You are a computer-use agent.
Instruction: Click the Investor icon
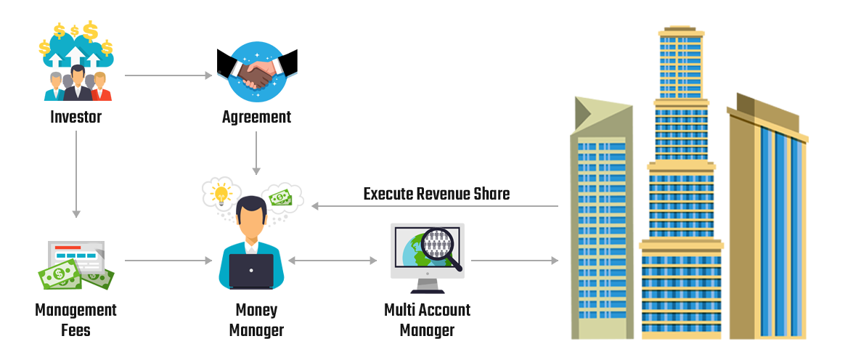click(76, 62)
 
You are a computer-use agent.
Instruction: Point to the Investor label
click(76, 116)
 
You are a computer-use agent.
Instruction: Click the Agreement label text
click(256, 117)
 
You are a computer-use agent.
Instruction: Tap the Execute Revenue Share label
click(436, 194)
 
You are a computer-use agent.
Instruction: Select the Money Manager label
click(256, 320)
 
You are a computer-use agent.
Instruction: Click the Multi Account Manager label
click(427, 320)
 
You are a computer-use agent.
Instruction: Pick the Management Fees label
click(76, 320)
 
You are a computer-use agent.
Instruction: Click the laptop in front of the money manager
click(251, 271)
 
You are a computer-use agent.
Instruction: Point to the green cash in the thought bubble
click(281, 197)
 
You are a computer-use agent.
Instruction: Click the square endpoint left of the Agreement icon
click(209, 75)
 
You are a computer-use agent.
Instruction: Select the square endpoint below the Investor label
click(76, 214)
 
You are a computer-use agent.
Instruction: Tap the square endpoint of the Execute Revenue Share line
click(314, 206)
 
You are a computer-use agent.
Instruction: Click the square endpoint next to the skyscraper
click(555, 260)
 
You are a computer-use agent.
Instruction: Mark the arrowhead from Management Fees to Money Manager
click(209, 260)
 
